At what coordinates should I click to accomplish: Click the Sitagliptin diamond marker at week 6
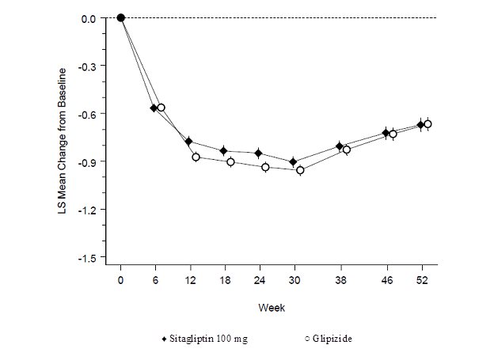[x=154, y=108]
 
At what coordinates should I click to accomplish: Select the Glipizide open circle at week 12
[x=196, y=157]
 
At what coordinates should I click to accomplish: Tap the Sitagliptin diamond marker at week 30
[x=293, y=162]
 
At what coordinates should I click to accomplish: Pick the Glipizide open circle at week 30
[x=300, y=170]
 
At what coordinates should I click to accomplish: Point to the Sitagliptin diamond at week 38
[x=340, y=146]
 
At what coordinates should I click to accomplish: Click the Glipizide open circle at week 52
[x=427, y=123]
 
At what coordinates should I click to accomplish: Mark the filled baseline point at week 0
[x=120, y=17]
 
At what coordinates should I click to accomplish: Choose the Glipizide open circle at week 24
[x=265, y=167]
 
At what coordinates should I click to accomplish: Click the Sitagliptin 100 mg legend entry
[x=204, y=339]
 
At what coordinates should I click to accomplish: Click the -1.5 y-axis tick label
[x=88, y=258]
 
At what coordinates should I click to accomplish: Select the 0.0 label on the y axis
[x=89, y=17]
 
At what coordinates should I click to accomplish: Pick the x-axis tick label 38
[x=340, y=280]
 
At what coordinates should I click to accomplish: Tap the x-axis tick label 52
[x=424, y=280]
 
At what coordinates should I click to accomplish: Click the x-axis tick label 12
[x=190, y=280]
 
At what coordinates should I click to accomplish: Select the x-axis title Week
[x=275, y=307]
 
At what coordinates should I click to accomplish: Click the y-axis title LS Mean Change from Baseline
[x=63, y=138]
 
